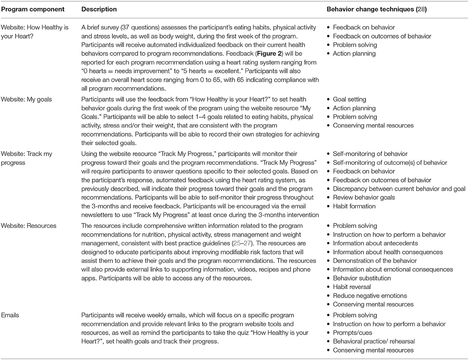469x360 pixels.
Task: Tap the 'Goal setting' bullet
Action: [349, 100]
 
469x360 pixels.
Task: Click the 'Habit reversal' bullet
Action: [352, 287]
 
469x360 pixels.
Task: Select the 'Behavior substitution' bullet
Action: [361, 278]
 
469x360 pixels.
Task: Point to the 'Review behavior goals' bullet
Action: [364, 198]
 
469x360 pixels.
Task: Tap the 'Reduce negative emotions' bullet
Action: [370, 296]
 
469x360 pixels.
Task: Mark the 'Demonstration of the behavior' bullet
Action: [375, 261]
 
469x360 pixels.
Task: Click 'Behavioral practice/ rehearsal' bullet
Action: [375, 342]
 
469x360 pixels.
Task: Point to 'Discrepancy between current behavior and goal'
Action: [399, 189]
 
